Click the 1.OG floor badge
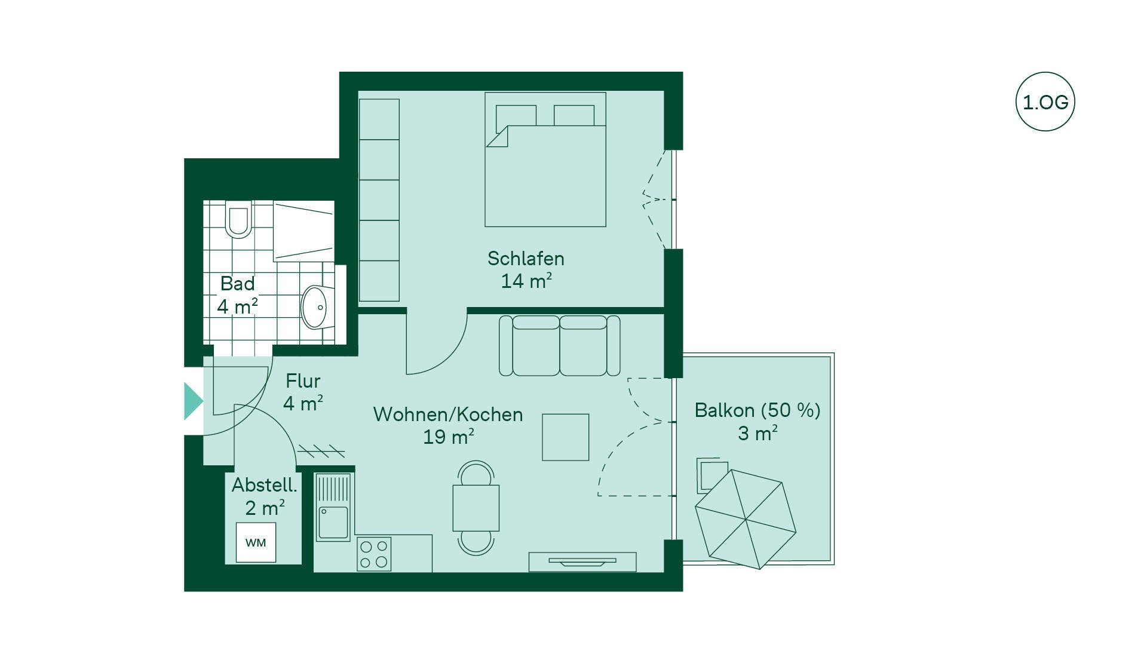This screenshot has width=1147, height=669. coord(1045,102)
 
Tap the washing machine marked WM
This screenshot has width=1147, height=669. coord(256,542)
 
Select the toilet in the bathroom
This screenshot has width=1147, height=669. coord(238,220)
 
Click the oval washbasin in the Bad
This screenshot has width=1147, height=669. coord(315,308)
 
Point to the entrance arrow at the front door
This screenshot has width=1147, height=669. coord(194,401)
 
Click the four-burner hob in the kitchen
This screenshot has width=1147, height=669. coord(374,554)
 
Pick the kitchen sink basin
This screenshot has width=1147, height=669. coord(333,523)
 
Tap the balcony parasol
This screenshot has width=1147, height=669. coord(746,520)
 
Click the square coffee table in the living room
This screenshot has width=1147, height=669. coord(565,437)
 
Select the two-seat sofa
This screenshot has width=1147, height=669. coord(559,346)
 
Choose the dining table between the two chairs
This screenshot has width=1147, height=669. coord(476,508)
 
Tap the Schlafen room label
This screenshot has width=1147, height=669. coord(526,259)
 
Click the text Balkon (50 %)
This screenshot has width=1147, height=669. coord(757,410)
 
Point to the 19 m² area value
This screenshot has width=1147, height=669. coord(449,437)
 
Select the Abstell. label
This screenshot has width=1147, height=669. coord(264,485)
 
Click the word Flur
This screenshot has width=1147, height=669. coord(303,381)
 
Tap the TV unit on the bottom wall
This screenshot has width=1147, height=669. coord(582,562)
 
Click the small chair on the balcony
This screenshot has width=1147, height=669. coord(712,475)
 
